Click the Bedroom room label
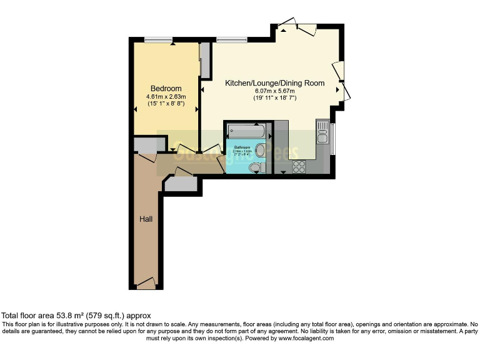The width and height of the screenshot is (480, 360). coord(166,88)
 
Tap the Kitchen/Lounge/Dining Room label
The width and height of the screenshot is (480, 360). coord(274,83)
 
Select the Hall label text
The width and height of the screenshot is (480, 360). coord(146,219)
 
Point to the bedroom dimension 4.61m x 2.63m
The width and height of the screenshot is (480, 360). coord(166,96)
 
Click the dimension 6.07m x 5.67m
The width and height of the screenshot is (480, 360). coord(274,91)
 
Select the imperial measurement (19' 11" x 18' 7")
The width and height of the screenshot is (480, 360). coord(274,99)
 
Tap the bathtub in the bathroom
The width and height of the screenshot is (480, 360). coord(247,132)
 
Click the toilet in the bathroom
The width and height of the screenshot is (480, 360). coord(254,168)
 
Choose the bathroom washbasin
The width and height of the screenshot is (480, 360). coord(261,150)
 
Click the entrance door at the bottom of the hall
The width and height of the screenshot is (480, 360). coord(145,284)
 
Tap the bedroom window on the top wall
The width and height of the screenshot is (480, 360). coord(158,41)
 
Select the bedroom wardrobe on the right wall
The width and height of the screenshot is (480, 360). coord(201,60)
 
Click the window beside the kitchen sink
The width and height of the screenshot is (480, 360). coord(332,138)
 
